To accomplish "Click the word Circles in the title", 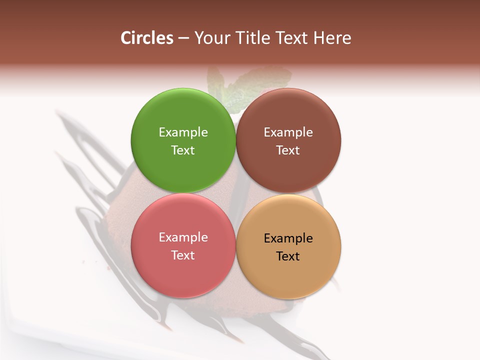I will click(147, 38).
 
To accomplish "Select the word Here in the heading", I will click(332, 38).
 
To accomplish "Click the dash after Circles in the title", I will click(183, 38).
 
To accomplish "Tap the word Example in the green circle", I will click(183, 132).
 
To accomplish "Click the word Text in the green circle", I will click(183, 150).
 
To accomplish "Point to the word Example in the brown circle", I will click(288, 132).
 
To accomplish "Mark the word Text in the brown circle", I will click(288, 150).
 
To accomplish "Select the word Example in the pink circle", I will click(183, 237).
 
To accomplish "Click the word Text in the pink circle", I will click(183, 255).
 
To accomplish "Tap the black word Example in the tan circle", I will click(288, 238).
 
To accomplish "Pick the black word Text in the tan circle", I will click(288, 256).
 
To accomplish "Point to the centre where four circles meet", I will click(235, 193).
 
